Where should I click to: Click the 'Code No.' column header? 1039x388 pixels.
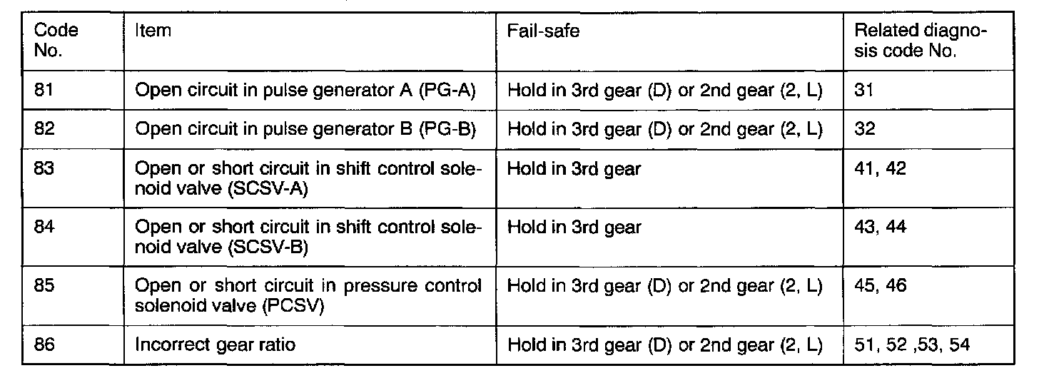pos(56,41)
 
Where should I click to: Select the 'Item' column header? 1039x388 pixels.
pos(152,31)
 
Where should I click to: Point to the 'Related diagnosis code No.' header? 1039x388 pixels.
pos(920,41)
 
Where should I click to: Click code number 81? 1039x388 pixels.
pos(46,90)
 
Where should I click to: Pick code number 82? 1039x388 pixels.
pos(46,130)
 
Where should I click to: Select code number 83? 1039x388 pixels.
pos(46,170)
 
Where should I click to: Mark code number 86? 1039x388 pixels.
pos(46,344)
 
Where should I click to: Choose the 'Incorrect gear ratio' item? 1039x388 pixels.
pos(215,345)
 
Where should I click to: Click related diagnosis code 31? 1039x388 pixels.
pos(863,90)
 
